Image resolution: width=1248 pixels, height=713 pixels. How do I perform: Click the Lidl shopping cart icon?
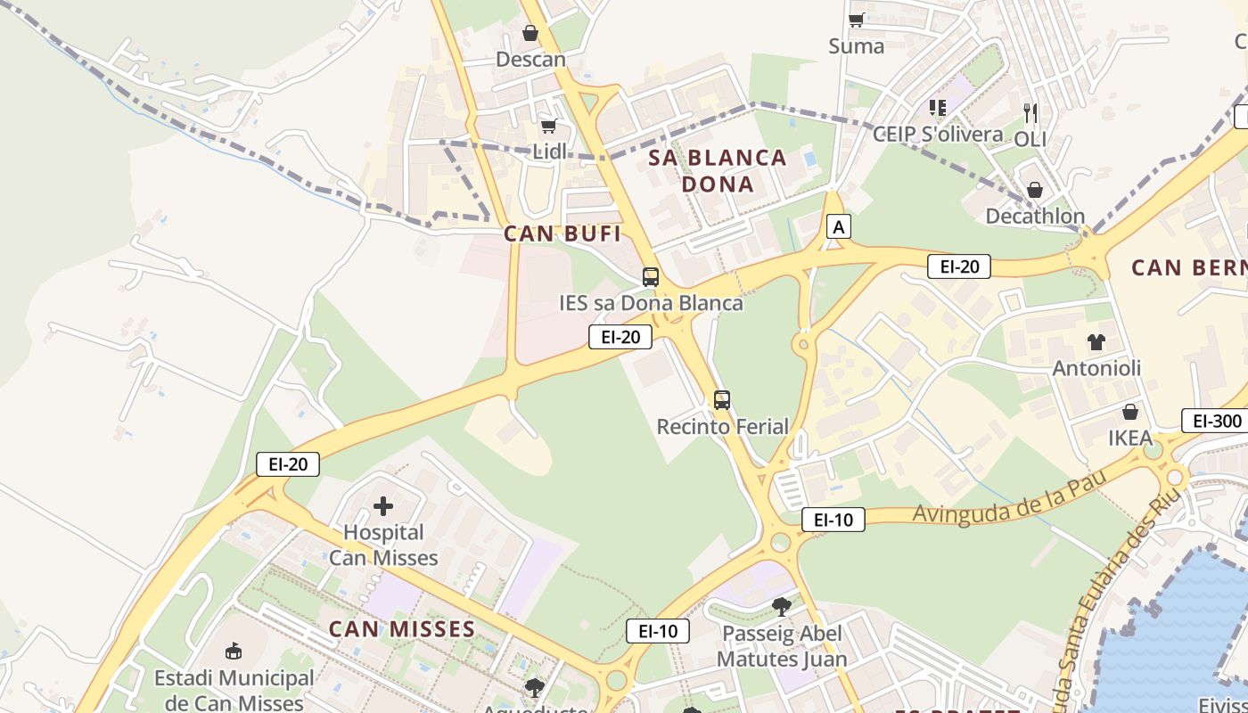point(549,126)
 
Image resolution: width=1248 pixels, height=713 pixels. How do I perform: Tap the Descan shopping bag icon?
point(530,34)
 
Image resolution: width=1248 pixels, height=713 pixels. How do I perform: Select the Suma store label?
point(856,45)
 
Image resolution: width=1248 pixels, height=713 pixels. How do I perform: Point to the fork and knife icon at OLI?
point(1030,112)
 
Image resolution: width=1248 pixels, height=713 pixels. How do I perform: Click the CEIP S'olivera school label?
point(937,135)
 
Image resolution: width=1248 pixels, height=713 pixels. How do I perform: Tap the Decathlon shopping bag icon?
point(1035,189)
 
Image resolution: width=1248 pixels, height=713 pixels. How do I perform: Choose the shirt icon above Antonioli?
point(1096,341)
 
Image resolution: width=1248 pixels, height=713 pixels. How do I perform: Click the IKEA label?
point(1130,438)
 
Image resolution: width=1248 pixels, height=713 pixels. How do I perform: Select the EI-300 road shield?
point(1214,421)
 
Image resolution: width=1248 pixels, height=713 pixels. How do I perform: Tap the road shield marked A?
point(837,226)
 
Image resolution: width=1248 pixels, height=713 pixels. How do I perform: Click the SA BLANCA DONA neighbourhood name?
point(718,171)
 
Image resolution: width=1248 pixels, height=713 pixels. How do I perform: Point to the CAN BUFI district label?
point(562,234)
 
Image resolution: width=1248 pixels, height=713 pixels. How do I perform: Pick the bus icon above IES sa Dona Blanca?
point(651,276)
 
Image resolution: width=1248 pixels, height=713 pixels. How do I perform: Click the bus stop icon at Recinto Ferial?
point(722,400)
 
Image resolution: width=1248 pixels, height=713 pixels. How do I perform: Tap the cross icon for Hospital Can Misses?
point(383,506)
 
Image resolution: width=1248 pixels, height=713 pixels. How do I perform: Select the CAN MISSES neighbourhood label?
point(402,629)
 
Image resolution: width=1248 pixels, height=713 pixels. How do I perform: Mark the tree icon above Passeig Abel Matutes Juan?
point(782,607)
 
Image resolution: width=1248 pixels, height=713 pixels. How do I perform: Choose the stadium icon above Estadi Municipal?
point(234,651)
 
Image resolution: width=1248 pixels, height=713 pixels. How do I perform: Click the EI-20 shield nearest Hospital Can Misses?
point(287,463)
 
